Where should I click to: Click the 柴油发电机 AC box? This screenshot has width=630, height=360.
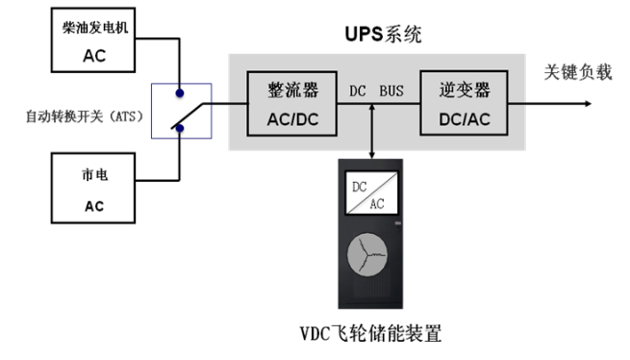(x=94, y=39)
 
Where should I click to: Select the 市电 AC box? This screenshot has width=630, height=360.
(x=94, y=191)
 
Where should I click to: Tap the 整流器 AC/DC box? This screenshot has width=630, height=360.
(x=292, y=105)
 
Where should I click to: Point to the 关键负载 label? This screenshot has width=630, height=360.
(x=578, y=74)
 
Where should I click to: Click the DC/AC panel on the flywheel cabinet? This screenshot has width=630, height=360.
(x=372, y=196)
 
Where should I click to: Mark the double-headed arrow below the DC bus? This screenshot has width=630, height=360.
(x=372, y=125)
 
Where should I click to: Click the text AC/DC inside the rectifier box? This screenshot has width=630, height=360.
(x=292, y=120)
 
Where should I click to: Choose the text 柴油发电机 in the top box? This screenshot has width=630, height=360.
(x=93, y=27)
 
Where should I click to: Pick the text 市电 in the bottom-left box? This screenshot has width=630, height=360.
(x=94, y=178)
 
